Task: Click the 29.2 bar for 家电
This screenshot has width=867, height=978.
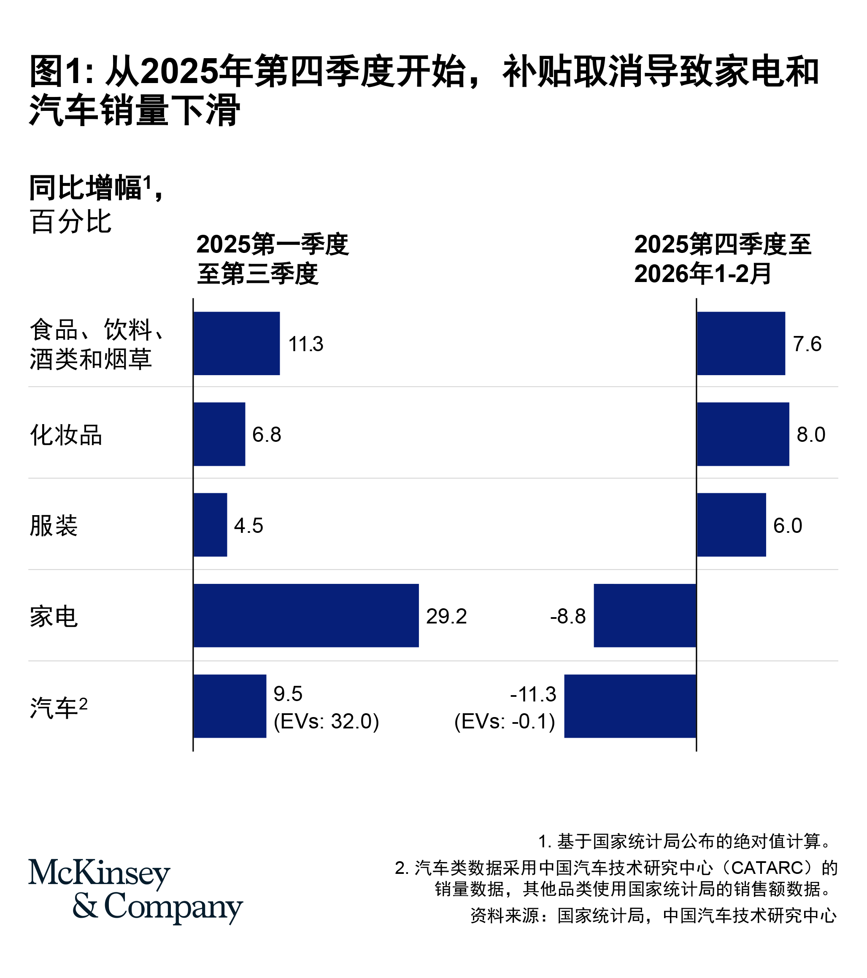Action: pyautogui.click(x=306, y=615)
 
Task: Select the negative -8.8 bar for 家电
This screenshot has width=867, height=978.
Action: pyautogui.click(x=644, y=615)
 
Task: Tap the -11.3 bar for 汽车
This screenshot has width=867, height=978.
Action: pyautogui.click(x=629, y=706)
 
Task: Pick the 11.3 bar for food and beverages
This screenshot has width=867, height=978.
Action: pyautogui.click(x=237, y=343)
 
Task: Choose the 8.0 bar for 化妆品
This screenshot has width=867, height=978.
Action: pyautogui.click(x=743, y=434)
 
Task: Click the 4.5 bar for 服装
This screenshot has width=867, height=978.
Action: pyautogui.click(x=210, y=524)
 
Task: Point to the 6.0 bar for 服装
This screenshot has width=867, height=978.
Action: pyautogui.click(x=731, y=524)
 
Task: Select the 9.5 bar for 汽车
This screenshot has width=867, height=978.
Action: pyautogui.click(x=230, y=706)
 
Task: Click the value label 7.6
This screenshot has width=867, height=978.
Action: pyautogui.click(x=807, y=344)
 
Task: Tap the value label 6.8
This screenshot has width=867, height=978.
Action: pyautogui.click(x=267, y=435)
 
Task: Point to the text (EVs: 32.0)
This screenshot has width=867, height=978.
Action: pyautogui.click(x=326, y=721)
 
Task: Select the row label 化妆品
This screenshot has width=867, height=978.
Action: pyautogui.click(x=66, y=435)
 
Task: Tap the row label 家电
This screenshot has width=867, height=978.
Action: pyautogui.click(x=54, y=616)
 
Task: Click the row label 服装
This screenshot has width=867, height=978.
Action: pyautogui.click(x=54, y=525)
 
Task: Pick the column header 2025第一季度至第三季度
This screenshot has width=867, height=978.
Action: pyautogui.click(x=272, y=259)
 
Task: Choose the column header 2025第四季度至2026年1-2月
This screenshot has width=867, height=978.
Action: pyautogui.click(x=722, y=259)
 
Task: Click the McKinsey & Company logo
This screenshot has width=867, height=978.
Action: pyautogui.click(x=135, y=891)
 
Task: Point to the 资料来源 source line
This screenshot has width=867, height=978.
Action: pyautogui.click(x=653, y=915)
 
